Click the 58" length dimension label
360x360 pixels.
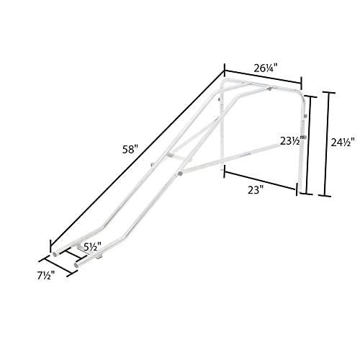click(130, 150)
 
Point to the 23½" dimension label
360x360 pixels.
click(289, 142)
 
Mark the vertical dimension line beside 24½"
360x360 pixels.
click(330, 143)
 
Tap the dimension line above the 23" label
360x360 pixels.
click(259, 180)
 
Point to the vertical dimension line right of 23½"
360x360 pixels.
click(308, 144)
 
